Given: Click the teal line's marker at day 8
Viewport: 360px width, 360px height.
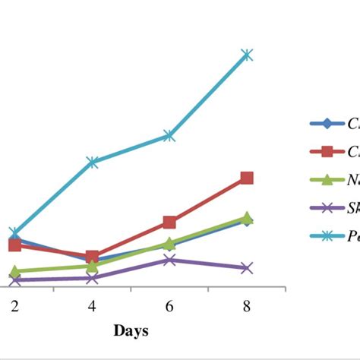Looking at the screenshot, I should click(x=247, y=55).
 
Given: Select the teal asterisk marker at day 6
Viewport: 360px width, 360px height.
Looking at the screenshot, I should click(x=169, y=136).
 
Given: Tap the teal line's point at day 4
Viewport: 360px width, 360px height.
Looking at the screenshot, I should click(x=92, y=162).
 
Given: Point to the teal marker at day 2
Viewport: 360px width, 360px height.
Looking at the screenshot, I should click(x=14, y=232).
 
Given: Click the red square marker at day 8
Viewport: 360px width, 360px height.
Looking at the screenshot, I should click(x=247, y=178).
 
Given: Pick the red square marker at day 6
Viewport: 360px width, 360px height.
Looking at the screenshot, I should click(x=169, y=222).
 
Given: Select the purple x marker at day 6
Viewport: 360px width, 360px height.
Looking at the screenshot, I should click(x=169, y=260).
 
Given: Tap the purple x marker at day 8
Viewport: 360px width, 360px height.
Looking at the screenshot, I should click(x=247, y=268).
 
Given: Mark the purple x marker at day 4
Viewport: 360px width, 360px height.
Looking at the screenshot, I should click(x=92, y=278).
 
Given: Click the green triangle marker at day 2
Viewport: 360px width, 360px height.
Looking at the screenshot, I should click(x=14, y=270).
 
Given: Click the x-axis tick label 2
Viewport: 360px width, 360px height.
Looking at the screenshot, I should click(x=14, y=305).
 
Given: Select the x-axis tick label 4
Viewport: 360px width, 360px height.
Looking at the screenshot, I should click(x=92, y=305).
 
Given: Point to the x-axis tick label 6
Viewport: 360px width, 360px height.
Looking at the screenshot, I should click(x=169, y=305).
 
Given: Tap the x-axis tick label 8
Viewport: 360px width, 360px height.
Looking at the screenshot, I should click(x=247, y=305).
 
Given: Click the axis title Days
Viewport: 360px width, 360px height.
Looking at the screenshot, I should click(x=131, y=330).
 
